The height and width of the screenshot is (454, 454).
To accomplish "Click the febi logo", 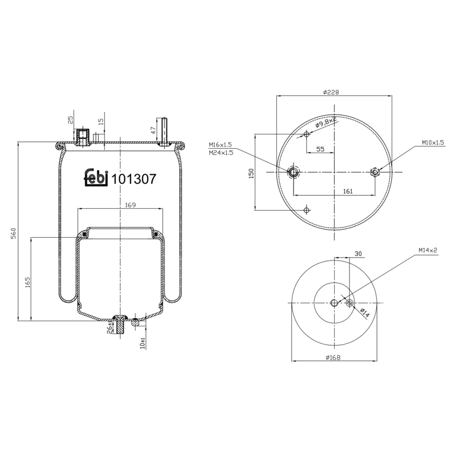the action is pyautogui.click(x=96, y=178).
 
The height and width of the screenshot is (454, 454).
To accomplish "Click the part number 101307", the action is pyautogui.click(x=134, y=179).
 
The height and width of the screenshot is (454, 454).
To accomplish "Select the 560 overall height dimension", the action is pyautogui.click(x=13, y=233).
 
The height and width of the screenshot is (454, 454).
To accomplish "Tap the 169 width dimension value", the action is pyautogui.click(x=131, y=205).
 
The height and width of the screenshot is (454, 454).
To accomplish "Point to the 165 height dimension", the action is pyautogui.click(x=28, y=282).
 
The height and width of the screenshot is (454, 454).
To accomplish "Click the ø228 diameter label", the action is pyautogui.click(x=331, y=93).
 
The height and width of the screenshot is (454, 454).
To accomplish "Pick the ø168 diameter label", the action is pyautogui.click(x=333, y=358).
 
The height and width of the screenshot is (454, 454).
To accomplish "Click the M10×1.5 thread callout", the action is pyautogui.click(x=433, y=142).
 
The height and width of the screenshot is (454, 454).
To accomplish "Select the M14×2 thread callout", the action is pyautogui.click(x=428, y=250).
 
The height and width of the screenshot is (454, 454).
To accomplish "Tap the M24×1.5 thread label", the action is pyautogui.click(x=221, y=153).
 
